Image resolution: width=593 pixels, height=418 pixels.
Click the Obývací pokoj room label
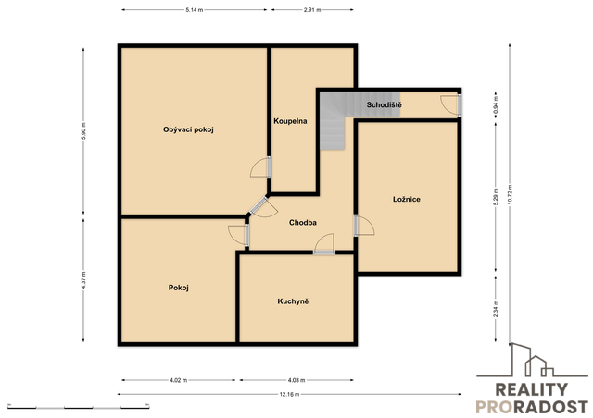(x=188, y=129)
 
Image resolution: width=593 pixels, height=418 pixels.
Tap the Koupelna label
(x=290, y=121)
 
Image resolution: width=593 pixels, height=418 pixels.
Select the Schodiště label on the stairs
(x=384, y=104)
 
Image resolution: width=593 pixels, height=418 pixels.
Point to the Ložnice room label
(x=407, y=199)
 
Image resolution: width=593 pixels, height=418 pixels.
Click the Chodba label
(x=303, y=223)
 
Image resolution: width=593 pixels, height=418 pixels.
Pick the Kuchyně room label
(x=293, y=301)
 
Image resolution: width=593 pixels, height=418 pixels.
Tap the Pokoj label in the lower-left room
(x=179, y=288)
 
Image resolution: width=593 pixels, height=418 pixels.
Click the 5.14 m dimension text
(x=195, y=10)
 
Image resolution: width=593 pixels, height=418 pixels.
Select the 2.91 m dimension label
(x=312, y=10)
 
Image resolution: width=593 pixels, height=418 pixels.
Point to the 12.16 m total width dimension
(x=289, y=395)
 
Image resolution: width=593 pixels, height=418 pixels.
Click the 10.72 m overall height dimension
(x=510, y=194)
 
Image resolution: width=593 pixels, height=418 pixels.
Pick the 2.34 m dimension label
(x=496, y=309)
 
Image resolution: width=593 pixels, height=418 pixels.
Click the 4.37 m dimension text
(x=83, y=280)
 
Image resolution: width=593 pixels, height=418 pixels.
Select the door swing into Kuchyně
(x=324, y=243)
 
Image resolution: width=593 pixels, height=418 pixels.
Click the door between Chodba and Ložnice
(x=364, y=226)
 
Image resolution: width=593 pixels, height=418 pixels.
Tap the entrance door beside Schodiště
(x=451, y=104)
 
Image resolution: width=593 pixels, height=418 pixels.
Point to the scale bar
(x=78, y=407)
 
